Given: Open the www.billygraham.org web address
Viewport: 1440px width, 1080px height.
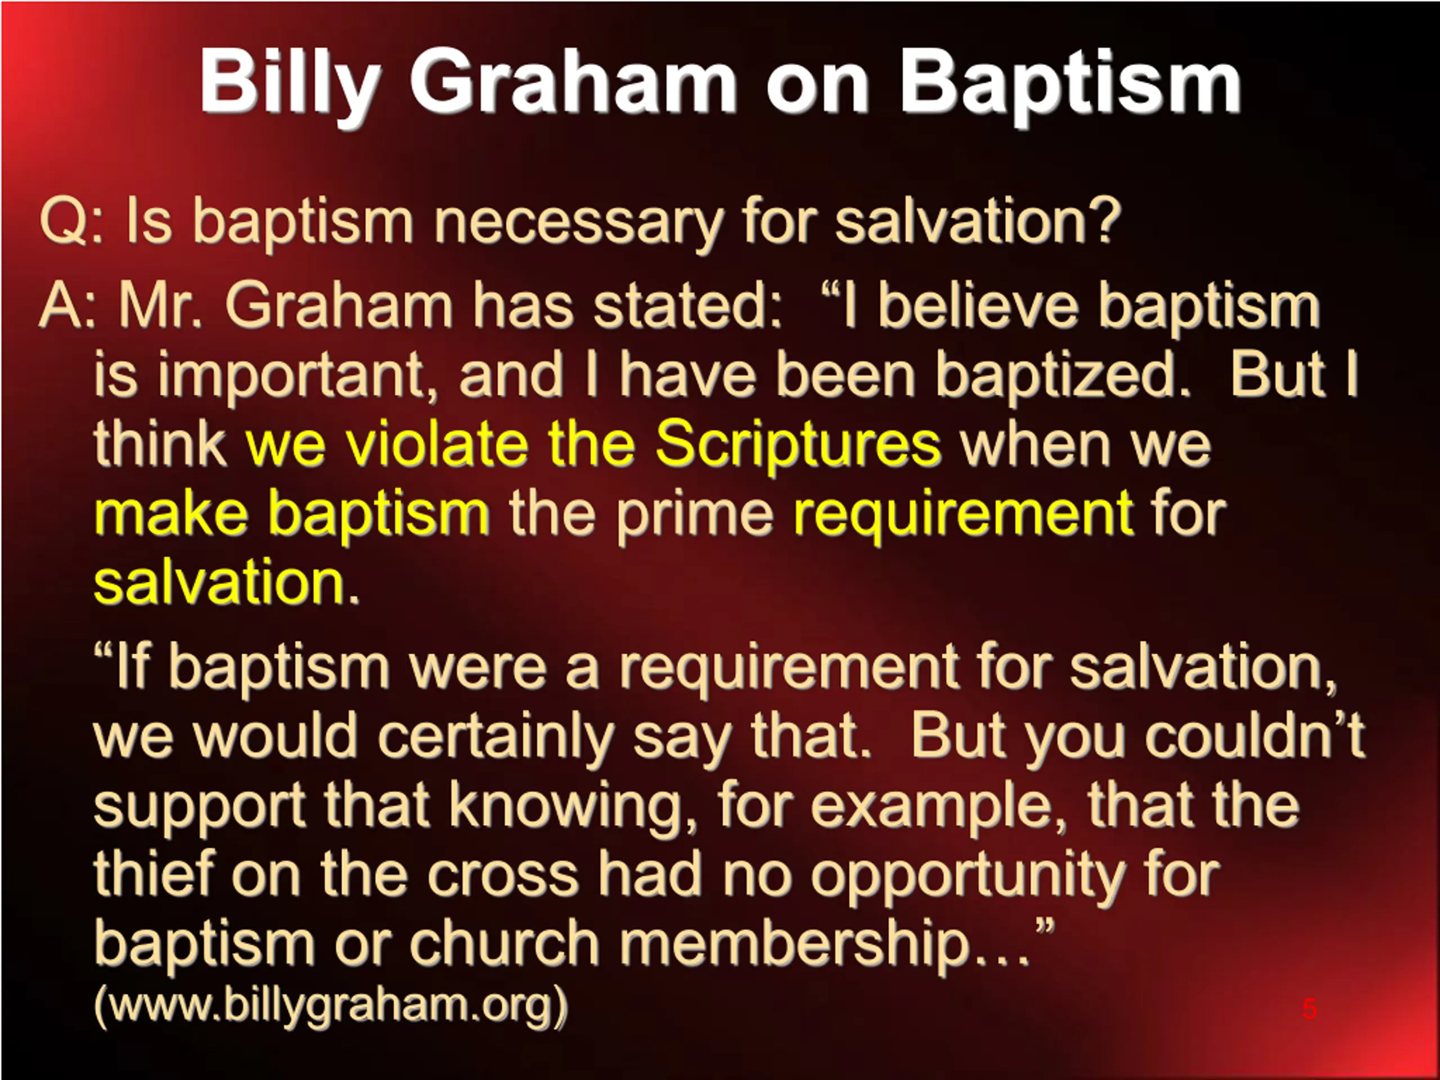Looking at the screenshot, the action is (331, 1006).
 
